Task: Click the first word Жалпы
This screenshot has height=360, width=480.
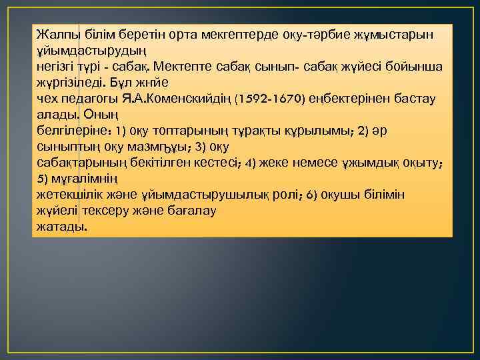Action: click(x=57, y=34)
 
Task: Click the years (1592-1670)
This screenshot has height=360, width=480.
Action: click(x=270, y=99)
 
